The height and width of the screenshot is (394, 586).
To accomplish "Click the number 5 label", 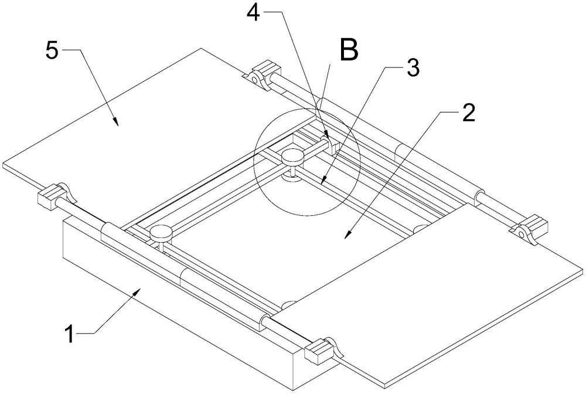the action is click(52, 50).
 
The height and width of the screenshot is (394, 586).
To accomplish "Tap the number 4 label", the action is click(253, 13).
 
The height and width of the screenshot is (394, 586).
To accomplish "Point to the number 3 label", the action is click(413, 68).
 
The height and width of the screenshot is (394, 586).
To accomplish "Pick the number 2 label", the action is click(469, 113).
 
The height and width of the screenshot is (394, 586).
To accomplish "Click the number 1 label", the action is click(70, 334).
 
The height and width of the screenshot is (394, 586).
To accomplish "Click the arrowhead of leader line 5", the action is click(116, 122).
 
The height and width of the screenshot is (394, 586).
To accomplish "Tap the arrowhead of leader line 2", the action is click(347, 235).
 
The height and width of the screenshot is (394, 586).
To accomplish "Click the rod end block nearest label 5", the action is click(266, 70).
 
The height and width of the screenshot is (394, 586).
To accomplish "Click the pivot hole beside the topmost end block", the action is click(254, 79).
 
